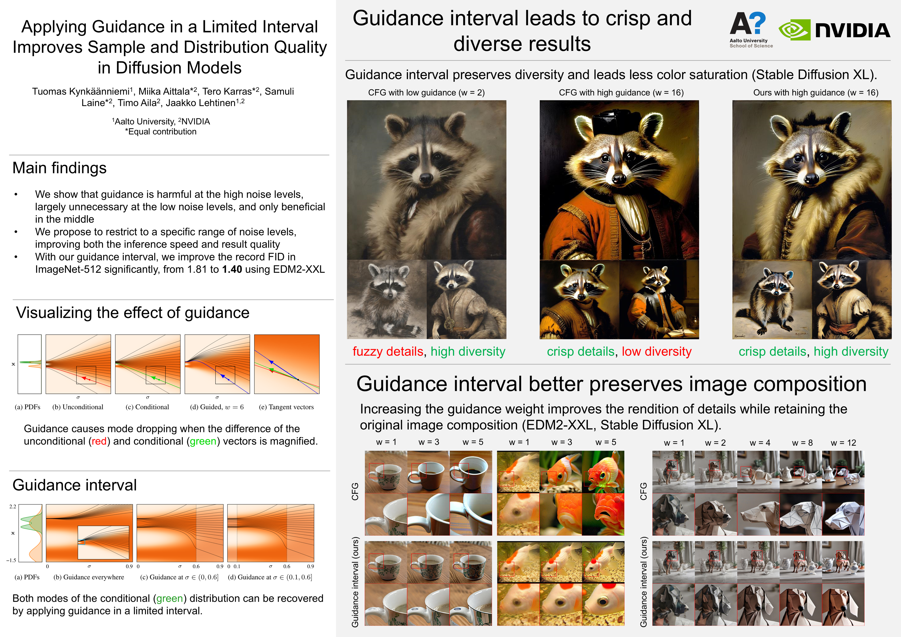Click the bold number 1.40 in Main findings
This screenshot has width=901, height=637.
(232, 269)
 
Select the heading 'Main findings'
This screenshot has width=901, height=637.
(60, 168)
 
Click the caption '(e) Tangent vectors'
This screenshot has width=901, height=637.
(286, 407)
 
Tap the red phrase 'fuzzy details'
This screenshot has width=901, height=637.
(388, 351)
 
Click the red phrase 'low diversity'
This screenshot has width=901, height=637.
(656, 351)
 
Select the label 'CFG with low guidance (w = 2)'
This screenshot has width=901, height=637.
(426, 93)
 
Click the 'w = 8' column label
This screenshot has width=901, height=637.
(802, 443)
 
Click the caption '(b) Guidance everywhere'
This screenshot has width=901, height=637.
(89, 577)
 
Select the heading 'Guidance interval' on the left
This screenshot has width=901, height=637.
(75, 485)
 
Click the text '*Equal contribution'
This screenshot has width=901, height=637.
(161, 132)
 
